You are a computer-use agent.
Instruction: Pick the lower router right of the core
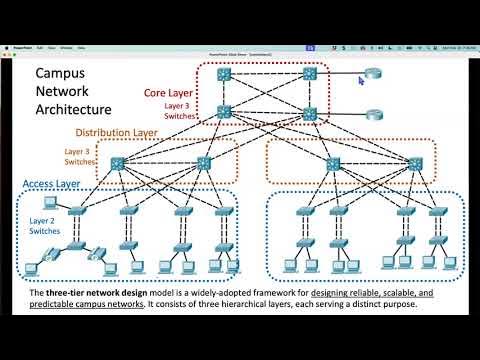pos(375,115)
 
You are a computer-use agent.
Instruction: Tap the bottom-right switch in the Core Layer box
pos(310,114)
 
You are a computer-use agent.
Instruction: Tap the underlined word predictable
pos(62,304)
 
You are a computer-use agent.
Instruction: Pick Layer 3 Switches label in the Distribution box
pos(80,155)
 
